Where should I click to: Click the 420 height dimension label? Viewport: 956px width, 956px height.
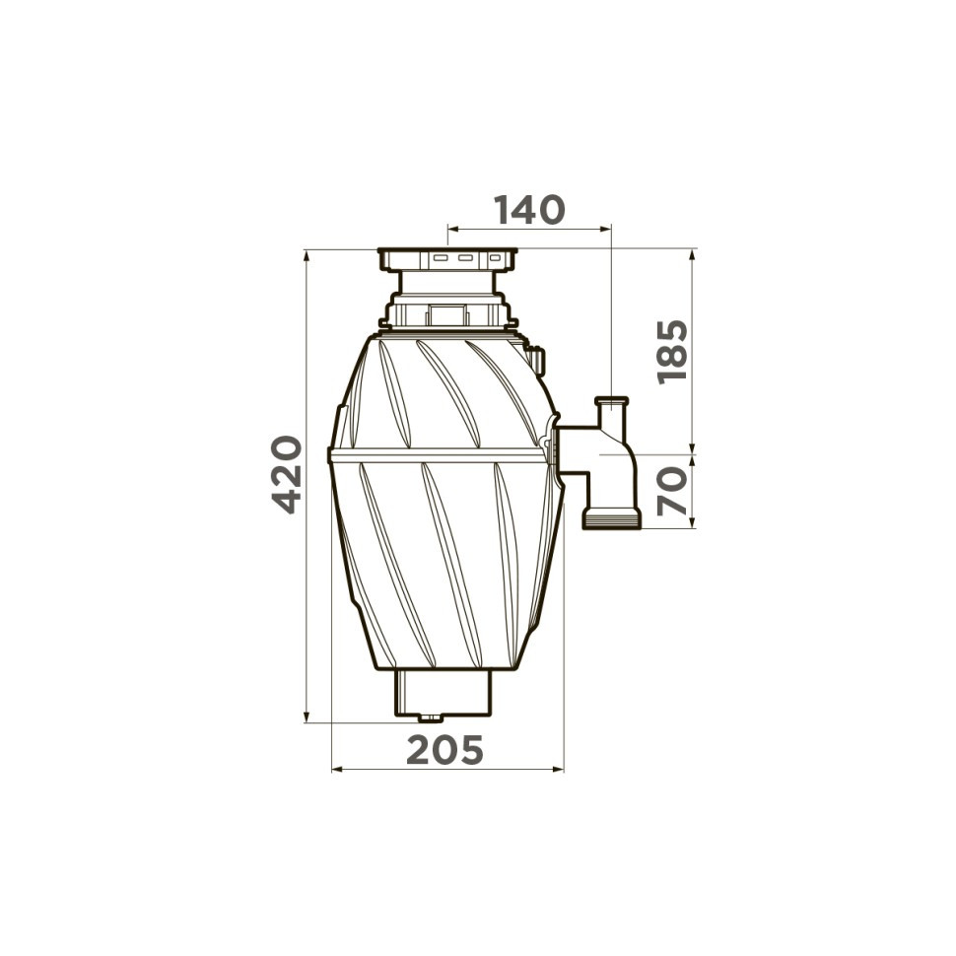[287, 474]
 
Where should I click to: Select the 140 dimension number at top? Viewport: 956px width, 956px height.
[529, 210]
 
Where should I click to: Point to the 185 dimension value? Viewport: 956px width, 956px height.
[672, 352]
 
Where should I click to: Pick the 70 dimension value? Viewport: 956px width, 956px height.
[672, 492]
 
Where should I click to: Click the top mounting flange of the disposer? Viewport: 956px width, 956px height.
[446, 258]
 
